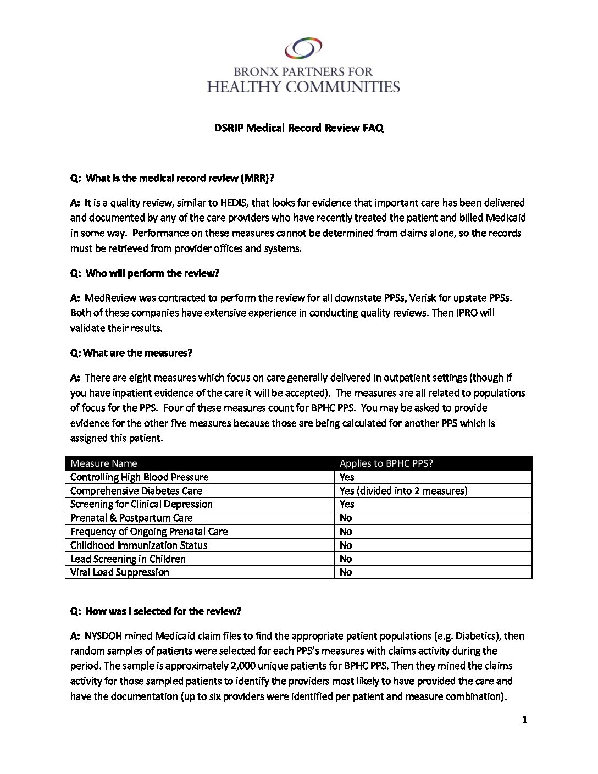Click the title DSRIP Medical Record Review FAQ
[x=298, y=128]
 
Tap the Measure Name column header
[x=104, y=463]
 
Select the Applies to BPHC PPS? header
[x=386, y=463]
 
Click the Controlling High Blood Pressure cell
[x=140, y=477]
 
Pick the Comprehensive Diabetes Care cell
[x=136, y=491]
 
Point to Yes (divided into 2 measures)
[x=403, y=491]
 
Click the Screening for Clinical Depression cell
[x=141, y=504]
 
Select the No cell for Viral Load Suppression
[x=346, y=572]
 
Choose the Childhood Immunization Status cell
[x=139, y=545]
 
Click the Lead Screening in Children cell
[x=128, y=559]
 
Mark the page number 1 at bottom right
[x=524, y=720]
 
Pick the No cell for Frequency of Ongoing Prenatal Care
[x=346, y=532]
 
